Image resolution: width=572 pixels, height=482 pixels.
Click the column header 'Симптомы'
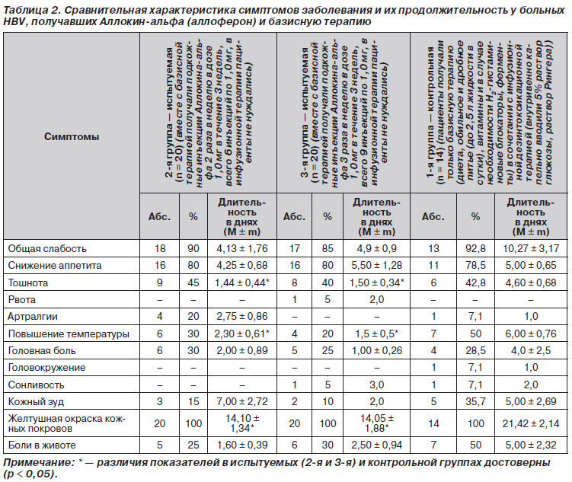point(72,137)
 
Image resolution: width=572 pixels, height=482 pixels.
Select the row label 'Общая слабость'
point(47,249)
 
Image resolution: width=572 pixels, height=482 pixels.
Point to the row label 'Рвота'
point(22,300)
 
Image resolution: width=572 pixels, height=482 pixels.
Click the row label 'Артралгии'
point(33,317)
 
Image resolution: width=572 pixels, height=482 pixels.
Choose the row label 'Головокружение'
point(46,368)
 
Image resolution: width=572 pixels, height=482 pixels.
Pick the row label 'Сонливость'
point(36,385)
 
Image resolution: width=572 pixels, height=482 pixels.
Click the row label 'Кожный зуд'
point(36,402)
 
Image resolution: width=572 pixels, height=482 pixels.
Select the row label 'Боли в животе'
point(42,445)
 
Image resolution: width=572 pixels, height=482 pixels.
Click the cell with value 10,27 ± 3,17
point(531,249)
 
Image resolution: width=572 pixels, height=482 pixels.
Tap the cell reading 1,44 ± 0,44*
point(242,283)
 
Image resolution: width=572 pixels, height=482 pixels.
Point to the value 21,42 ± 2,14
point(531,423)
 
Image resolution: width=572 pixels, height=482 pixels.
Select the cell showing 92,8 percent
point(475,249)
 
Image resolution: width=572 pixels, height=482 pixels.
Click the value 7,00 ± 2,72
point(242,402)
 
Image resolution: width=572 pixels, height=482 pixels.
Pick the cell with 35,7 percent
point(475,402)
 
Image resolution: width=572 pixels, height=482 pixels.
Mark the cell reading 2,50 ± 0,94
point(376,445)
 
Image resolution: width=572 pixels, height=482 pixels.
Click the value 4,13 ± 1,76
point(242,249)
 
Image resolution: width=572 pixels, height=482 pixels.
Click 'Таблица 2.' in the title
point(26,11)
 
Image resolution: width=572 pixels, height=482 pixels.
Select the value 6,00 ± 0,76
point(531,334)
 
